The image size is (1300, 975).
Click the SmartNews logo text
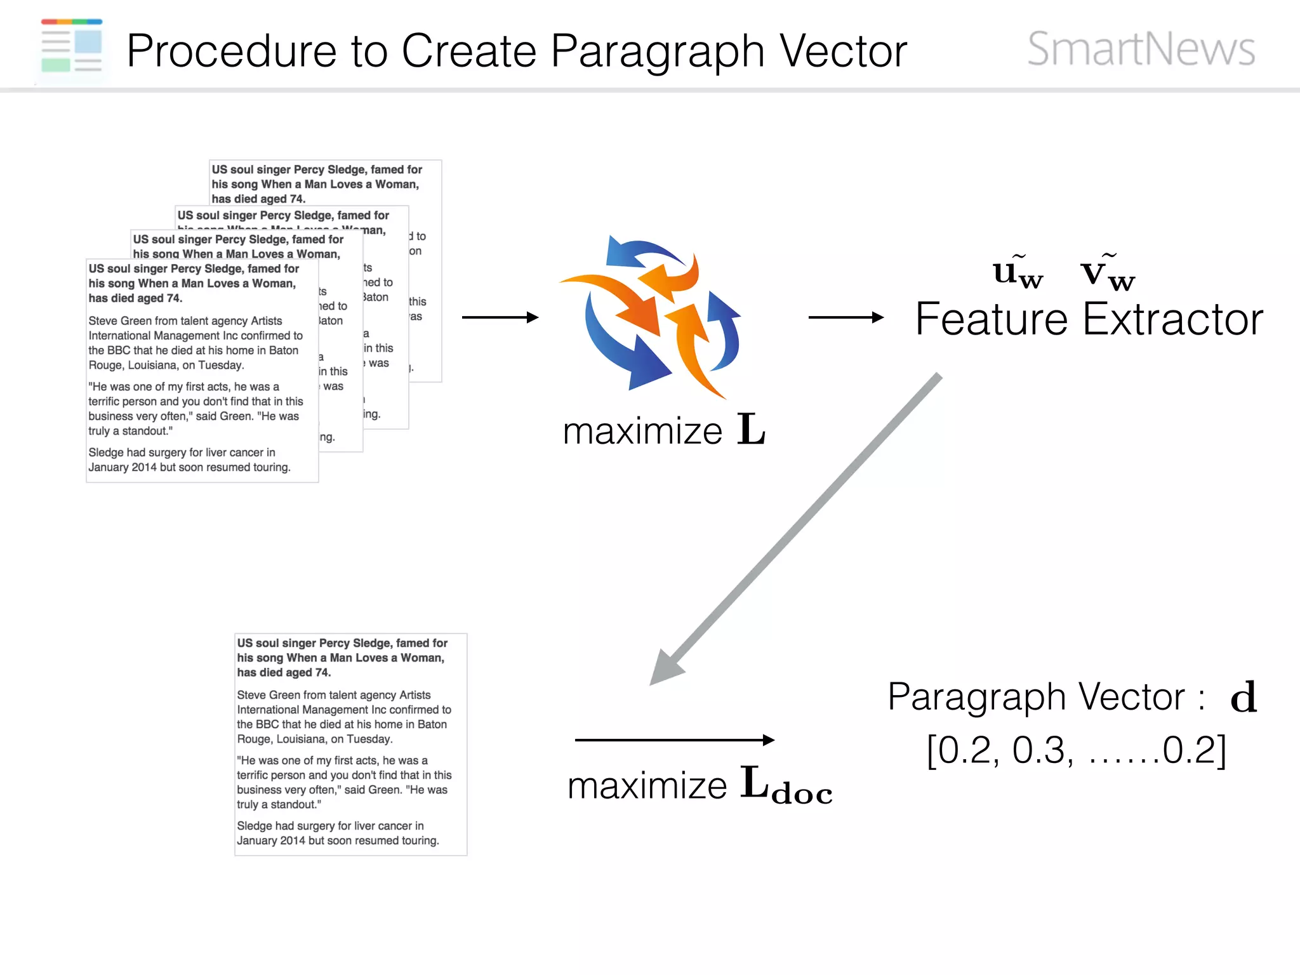pyautogui.click(x=1141, y=49)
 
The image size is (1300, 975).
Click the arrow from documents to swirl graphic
pyautogui.click(x=500, y=317)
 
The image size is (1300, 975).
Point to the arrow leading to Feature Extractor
pyautogui.click(x=845, y=317)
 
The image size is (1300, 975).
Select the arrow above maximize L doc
pyautogui.click(x=673, y=740)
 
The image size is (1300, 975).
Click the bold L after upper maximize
pyautogui.click(x=751, y=430)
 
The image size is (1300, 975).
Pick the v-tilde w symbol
pyautogui.click(x=1107, y=273)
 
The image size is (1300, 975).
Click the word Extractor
pyautogui.click(x=1172, y=319)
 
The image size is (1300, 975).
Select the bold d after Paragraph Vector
pyautogui.click(x=1243, y=698)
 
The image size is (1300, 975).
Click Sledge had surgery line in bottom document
pyautogui.click(x=330, y=826)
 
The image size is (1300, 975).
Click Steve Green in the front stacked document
pyautogui.click(x=121, y=321)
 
